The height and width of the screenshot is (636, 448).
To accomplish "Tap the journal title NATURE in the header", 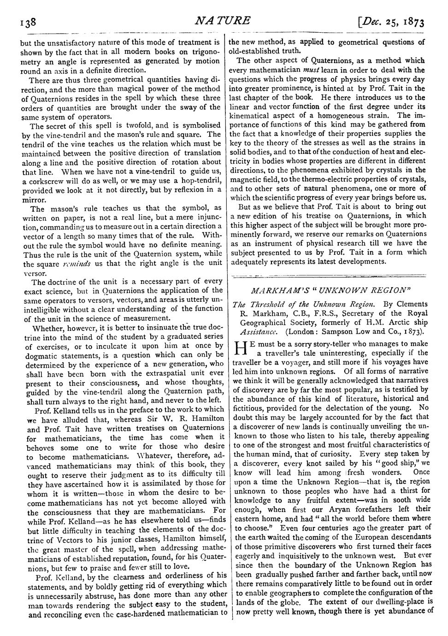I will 224,21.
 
